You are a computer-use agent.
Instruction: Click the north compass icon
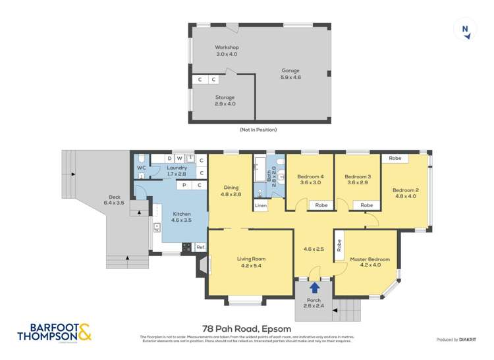466,30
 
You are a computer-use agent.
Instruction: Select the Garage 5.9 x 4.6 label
290,74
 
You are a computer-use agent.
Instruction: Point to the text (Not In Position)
258,130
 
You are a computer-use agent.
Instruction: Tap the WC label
141,168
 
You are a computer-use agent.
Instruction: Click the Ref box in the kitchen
200,247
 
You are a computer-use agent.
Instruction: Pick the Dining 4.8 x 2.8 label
231,191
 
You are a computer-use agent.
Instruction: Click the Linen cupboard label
261,206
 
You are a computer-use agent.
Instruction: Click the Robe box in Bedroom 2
395,159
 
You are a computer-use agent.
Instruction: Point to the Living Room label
250,262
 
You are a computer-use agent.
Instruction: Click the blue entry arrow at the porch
315,287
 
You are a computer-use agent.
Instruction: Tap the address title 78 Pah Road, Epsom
247,329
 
